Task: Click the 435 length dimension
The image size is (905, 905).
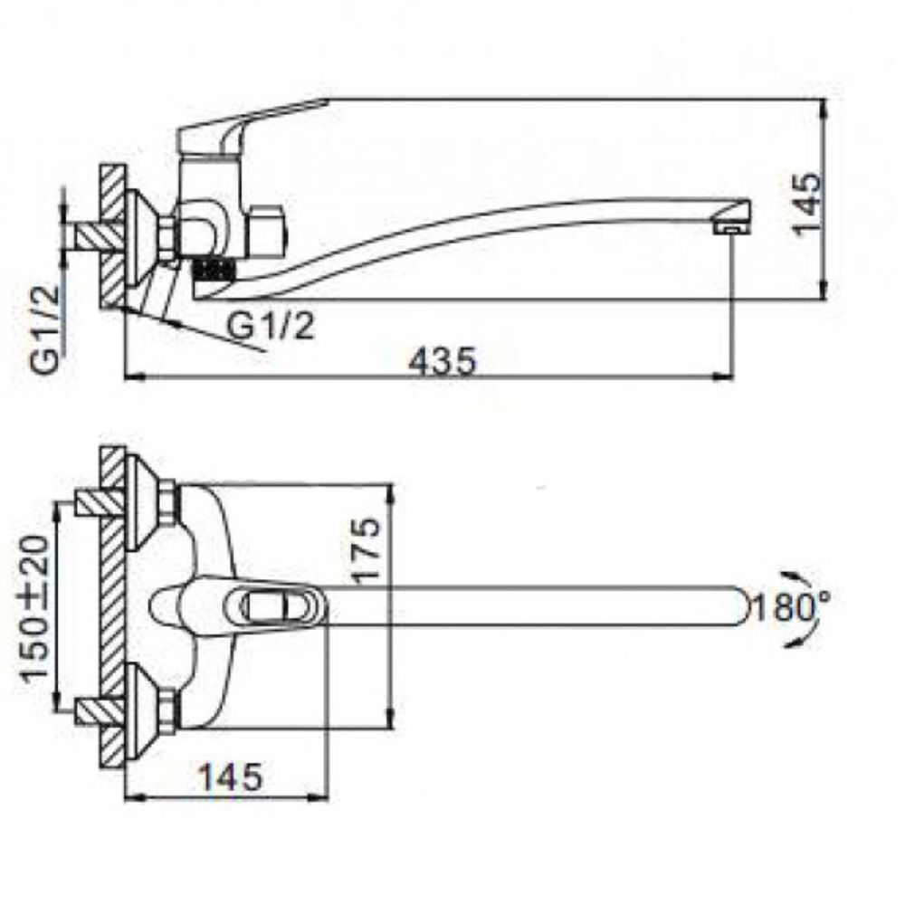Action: pyautogui.click(x=443, y=361)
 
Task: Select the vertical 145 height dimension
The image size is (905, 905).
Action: pyautogui.click(x=807, y=202)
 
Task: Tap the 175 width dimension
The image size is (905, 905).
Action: pyautogui.click(x=366, y=548)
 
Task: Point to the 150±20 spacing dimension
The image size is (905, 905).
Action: pyautogui.click(x=34, y=607)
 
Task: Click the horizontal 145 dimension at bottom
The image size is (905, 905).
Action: pyautogui.click(x=231, y=776)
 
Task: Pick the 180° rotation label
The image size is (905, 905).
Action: pyautogui.click(x=792, y=607)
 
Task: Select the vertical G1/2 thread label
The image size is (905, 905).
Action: pyautogui.click(x=45, y=329)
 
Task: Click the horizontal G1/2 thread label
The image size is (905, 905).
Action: pyautogui.click(x=271, y=326)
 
